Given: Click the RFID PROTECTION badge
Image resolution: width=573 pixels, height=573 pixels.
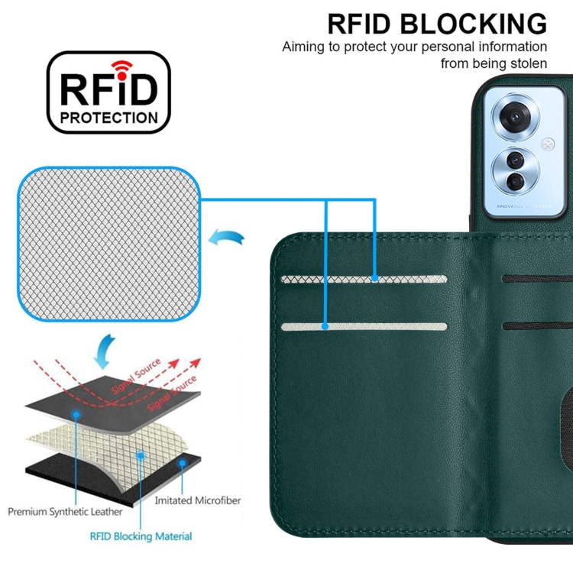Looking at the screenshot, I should click(108, 92).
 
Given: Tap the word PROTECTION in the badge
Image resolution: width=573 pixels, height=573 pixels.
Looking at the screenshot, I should click(108, 118).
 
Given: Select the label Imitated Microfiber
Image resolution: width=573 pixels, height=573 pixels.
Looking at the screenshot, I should click(198, 500).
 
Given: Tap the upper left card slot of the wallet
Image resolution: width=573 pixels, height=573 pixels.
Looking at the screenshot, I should click(364, 280).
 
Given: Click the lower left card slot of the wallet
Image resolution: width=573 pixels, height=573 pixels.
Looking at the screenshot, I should click(364, 327).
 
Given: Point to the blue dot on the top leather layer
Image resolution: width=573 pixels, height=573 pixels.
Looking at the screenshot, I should click(77, 413).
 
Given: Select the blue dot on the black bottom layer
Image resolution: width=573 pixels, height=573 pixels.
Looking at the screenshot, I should click(183, 463).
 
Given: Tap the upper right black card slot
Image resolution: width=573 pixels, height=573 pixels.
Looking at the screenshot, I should click(538, 278).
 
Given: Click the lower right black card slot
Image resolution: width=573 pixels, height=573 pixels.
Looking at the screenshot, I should click(538, 326).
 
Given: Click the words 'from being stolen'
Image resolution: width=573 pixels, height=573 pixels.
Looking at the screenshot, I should click(494, 63).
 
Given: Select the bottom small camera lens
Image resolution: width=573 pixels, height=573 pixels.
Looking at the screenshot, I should click(516, 181).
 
